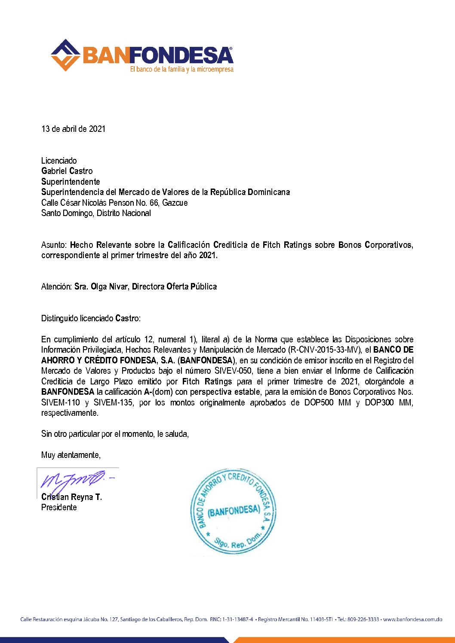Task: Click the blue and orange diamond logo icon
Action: point(65,55)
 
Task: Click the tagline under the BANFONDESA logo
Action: point(181,69)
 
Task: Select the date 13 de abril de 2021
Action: point(73,129)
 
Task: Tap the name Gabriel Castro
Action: point(67,171)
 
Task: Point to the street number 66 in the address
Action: point(154,203)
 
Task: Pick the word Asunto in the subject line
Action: point(54,245)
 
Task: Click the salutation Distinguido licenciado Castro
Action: point(91,318)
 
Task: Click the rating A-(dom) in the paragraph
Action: point(159,392)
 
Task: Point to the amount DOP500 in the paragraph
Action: point(319,402)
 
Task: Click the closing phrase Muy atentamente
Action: point(71,455)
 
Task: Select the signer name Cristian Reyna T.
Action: point(71,497)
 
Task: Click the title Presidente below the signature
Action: point(59,507)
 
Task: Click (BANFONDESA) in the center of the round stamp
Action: point(234,511)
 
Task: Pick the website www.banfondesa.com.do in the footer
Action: point(412,619)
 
